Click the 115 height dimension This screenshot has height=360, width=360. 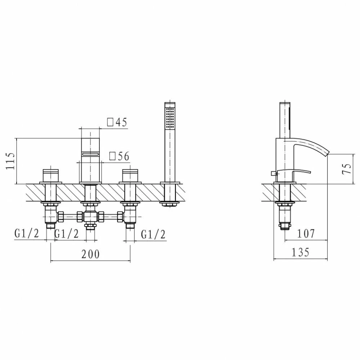(10, 161)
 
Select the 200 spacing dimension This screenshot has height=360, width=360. (90, 254)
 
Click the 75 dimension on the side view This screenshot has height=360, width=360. (347, 169)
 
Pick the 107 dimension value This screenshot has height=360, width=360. (306, 234)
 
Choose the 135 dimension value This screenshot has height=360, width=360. (301, 252)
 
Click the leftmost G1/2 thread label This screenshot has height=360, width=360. (27, 234)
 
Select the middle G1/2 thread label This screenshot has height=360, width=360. (66, 234)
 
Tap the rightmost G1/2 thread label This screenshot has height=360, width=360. (153, 234)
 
